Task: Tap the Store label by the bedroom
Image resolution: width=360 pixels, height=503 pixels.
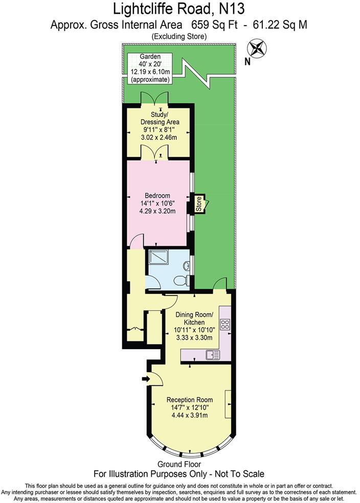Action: [198, 203]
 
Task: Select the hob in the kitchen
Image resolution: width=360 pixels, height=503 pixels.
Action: [224, 324]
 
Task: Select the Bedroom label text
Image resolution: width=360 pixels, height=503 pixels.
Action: [157, 195]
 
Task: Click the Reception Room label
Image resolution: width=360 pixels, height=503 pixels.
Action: [190, 399]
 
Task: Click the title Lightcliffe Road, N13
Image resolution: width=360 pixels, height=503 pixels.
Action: [179, 9]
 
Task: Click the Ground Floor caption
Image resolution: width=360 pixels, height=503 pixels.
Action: [179, 464]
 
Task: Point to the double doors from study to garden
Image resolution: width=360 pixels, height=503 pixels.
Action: [154, 99]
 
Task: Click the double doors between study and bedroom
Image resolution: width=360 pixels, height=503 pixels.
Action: [154, 152]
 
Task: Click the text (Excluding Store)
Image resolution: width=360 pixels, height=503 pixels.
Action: [179, 36]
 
